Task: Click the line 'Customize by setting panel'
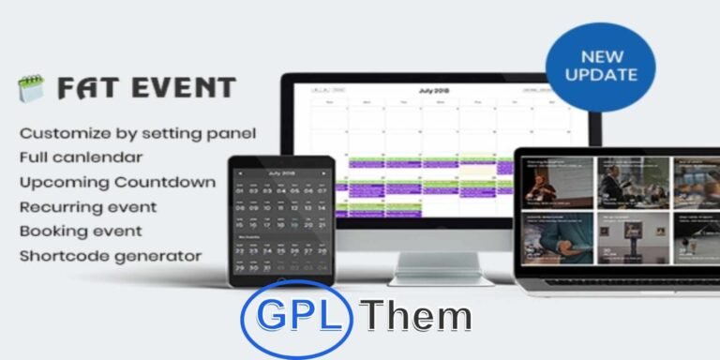(138, 132)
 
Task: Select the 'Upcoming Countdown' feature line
(117, 181)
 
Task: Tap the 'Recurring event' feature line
(88, 206)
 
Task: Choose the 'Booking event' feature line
(81, 231)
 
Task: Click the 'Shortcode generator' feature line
(110, 255)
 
